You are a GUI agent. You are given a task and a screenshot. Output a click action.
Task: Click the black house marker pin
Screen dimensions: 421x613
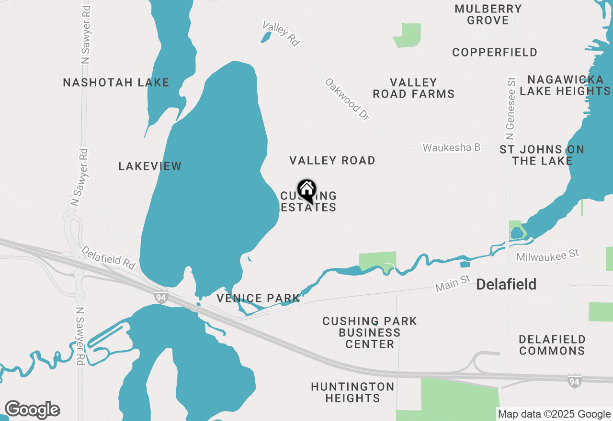(306, 191)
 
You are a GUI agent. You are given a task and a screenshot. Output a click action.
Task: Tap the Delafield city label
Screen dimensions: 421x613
(506, 285)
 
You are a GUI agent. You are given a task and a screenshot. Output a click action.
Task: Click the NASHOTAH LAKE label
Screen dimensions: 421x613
(116, 82)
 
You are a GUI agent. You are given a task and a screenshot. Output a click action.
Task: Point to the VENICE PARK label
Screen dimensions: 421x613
(258, 299)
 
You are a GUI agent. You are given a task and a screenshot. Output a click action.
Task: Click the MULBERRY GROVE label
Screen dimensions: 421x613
(488, 14)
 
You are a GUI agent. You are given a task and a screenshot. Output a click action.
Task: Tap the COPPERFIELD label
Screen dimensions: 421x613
(494, 52)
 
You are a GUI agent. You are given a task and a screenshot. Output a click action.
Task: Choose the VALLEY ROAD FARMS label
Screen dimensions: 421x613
(413, 89)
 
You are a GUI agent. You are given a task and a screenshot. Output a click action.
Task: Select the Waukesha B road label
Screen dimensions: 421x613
(451, 147)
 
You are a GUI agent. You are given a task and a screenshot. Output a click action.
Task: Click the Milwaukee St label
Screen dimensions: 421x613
(547, 255)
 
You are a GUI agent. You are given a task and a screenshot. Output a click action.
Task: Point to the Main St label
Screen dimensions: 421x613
(453, 284)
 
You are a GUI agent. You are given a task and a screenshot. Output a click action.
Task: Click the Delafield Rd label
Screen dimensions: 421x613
(108, 257)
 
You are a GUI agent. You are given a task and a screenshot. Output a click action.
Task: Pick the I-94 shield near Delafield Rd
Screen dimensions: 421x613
(161, 298)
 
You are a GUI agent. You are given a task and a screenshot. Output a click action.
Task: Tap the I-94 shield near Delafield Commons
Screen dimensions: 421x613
(574, 381)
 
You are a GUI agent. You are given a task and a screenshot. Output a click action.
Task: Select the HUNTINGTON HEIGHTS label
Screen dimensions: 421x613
(352, 392)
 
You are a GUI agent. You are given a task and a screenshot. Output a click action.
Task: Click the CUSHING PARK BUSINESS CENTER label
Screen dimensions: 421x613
(369, 332)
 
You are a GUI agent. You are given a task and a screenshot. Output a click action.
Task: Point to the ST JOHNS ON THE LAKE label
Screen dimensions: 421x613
(542, 155)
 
